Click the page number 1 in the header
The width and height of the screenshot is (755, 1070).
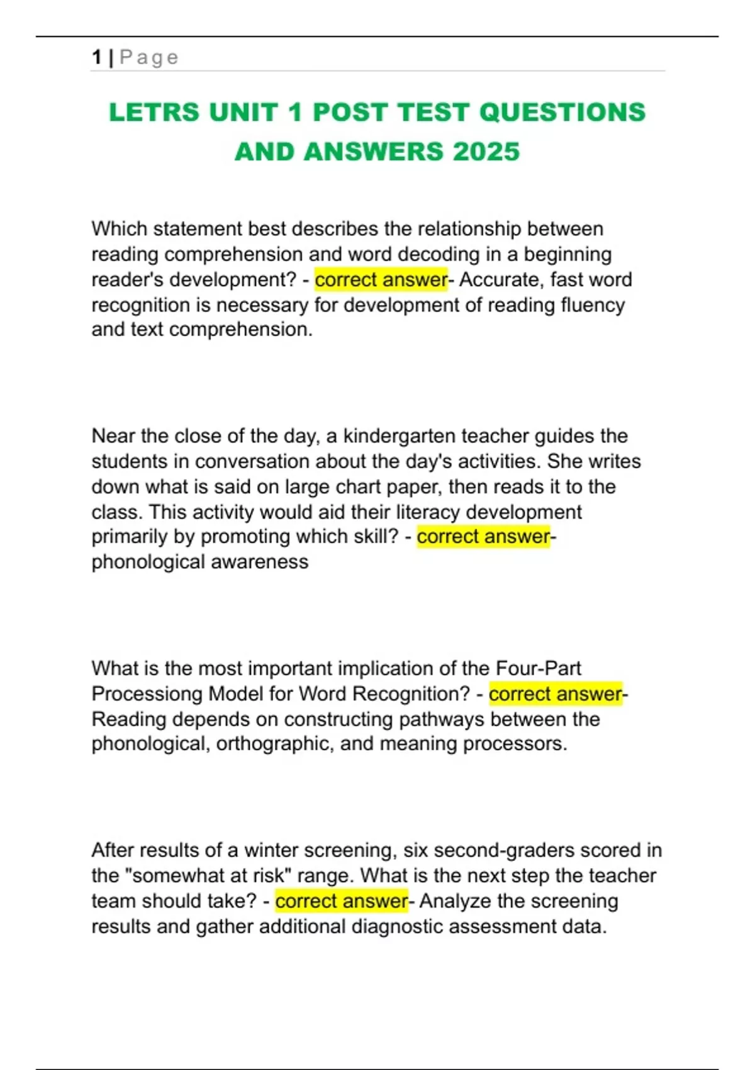pyautogui.click(x=96, y=57)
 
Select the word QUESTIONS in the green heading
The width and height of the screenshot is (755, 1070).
pyautogui.click(x=562, y=113)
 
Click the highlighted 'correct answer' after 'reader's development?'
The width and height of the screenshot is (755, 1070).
pyautogui.click(x=381, y=279)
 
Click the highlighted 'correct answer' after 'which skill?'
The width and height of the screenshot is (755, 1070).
pyautogui.click(x=483, y=536)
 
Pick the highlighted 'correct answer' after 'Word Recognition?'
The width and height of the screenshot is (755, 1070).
pyautogui.click(x=555, y=694)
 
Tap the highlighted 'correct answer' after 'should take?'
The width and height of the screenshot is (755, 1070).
pyautogui.click(x=342, y=901)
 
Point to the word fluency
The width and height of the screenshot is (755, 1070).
pyautogui.click(x=593, y=305)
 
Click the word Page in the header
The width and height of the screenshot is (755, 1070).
pyautogui.click(x=149, y=57)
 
